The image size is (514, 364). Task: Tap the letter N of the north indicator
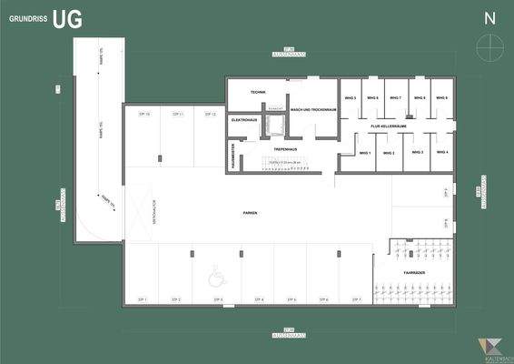(x=489, y=18)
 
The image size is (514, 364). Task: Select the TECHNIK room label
(x=258, y=93)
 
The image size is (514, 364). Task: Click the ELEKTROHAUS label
(x=244, y=120)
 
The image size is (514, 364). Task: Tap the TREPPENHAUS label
(x=286, y=148)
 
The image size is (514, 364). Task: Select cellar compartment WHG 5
(x=350, y=96)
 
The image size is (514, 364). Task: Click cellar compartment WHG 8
(x=440, y=96)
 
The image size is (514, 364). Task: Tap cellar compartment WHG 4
(x=442, y=152)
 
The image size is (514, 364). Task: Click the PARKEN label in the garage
(x=250, y=213)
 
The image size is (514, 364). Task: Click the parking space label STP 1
(x=142, y=299)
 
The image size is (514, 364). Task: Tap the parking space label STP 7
(x=357, y=299)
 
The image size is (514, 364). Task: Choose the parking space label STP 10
(x=143, y=115)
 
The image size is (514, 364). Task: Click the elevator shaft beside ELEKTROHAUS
(x=274, y=126)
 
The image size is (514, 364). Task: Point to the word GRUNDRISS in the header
(x=27, y=18)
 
